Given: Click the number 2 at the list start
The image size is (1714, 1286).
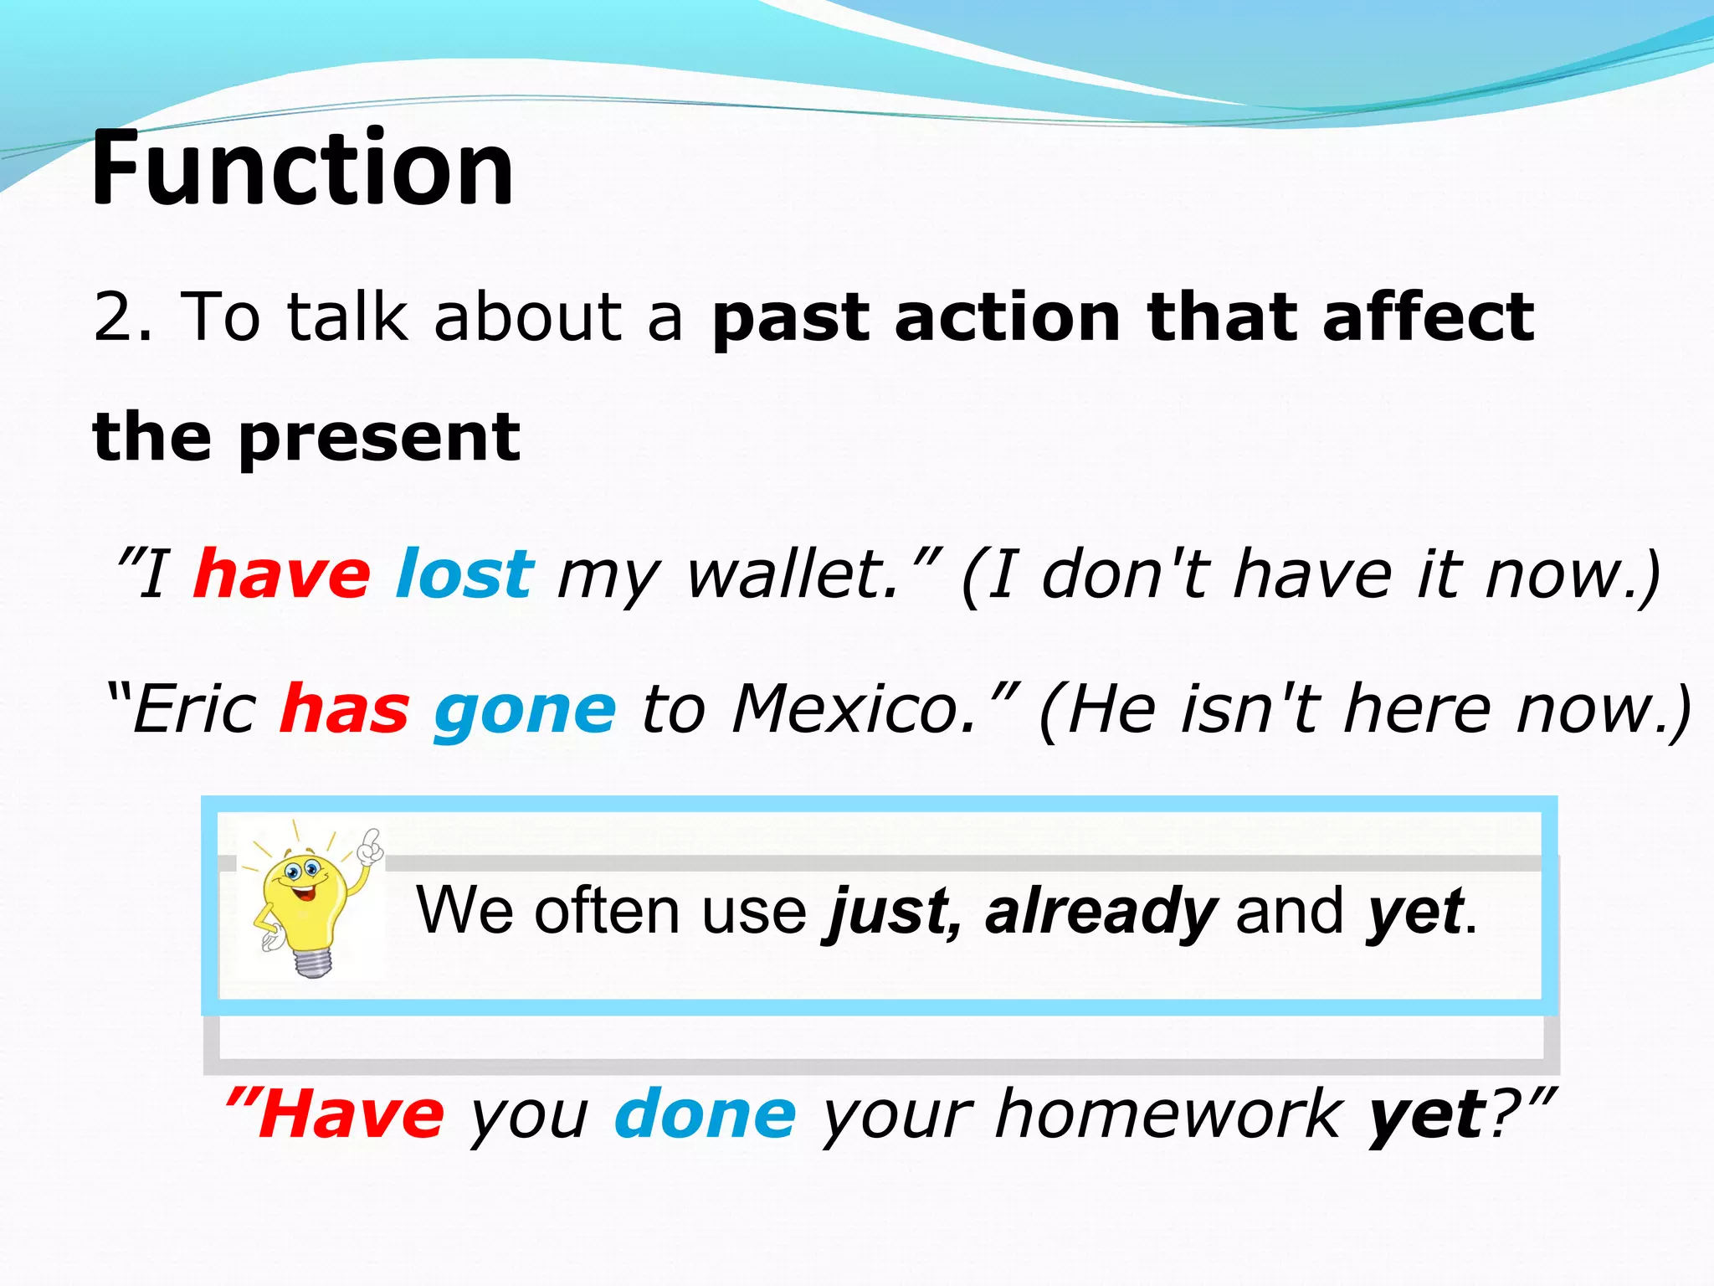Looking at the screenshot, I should [113, 316].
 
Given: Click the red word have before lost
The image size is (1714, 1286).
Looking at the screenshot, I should [281, 574].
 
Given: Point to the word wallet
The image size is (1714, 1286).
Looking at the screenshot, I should [792, 574].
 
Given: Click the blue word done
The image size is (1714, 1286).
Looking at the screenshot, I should [705, 1115].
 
